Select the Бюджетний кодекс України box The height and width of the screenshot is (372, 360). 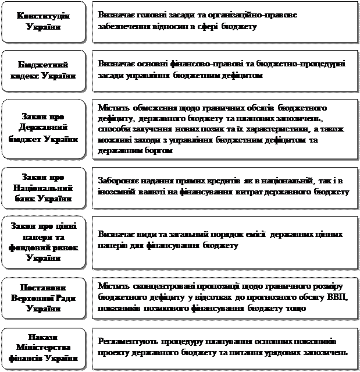[44, 70]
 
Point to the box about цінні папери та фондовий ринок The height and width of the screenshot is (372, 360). [44, 241]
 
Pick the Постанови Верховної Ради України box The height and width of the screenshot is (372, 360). [44, 299]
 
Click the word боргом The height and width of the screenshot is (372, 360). [159, 151]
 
